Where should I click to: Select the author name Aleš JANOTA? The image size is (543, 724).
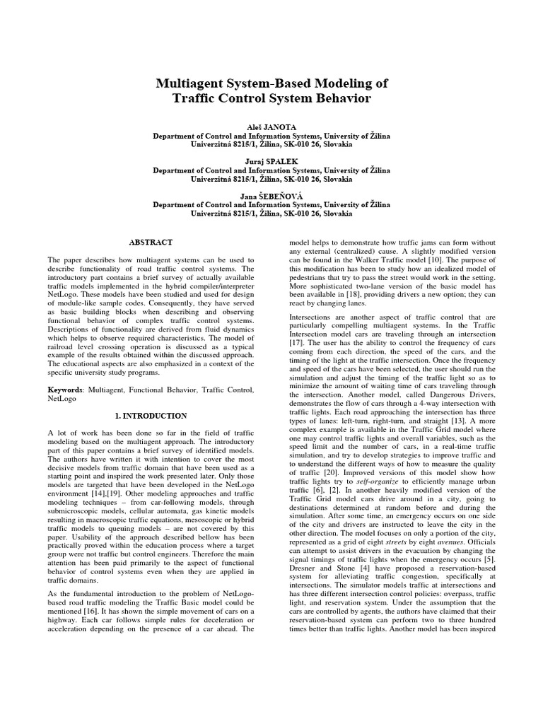[x=271, y=124]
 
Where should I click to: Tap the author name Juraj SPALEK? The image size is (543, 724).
[x=271, y=160]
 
